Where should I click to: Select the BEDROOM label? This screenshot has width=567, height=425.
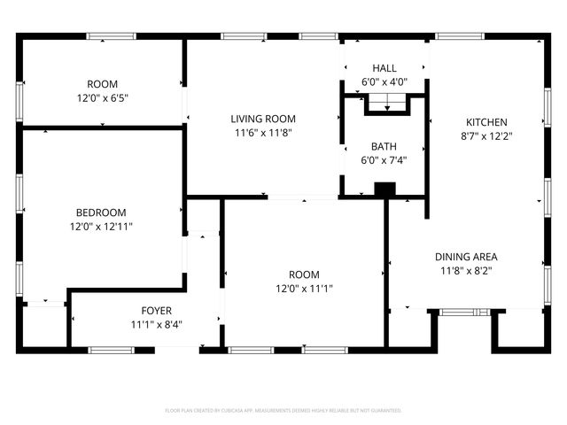click(x=100, y=212)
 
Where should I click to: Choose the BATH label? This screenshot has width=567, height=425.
click(x=384, y=146)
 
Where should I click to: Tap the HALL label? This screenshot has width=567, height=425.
click(x=384, y=68)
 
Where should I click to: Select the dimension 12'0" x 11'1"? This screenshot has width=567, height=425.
click(x=304, y=289)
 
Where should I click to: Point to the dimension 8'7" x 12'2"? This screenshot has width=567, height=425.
click(x=487, y=136)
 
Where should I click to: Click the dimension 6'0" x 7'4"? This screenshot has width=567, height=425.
click(x=384, y=160)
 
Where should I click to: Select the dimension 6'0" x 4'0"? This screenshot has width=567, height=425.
click(x=384, y=82)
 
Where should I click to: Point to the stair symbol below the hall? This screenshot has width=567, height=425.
click(x=386, y=105)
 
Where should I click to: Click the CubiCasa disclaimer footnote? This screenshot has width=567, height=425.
click(x=283, y=411)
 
